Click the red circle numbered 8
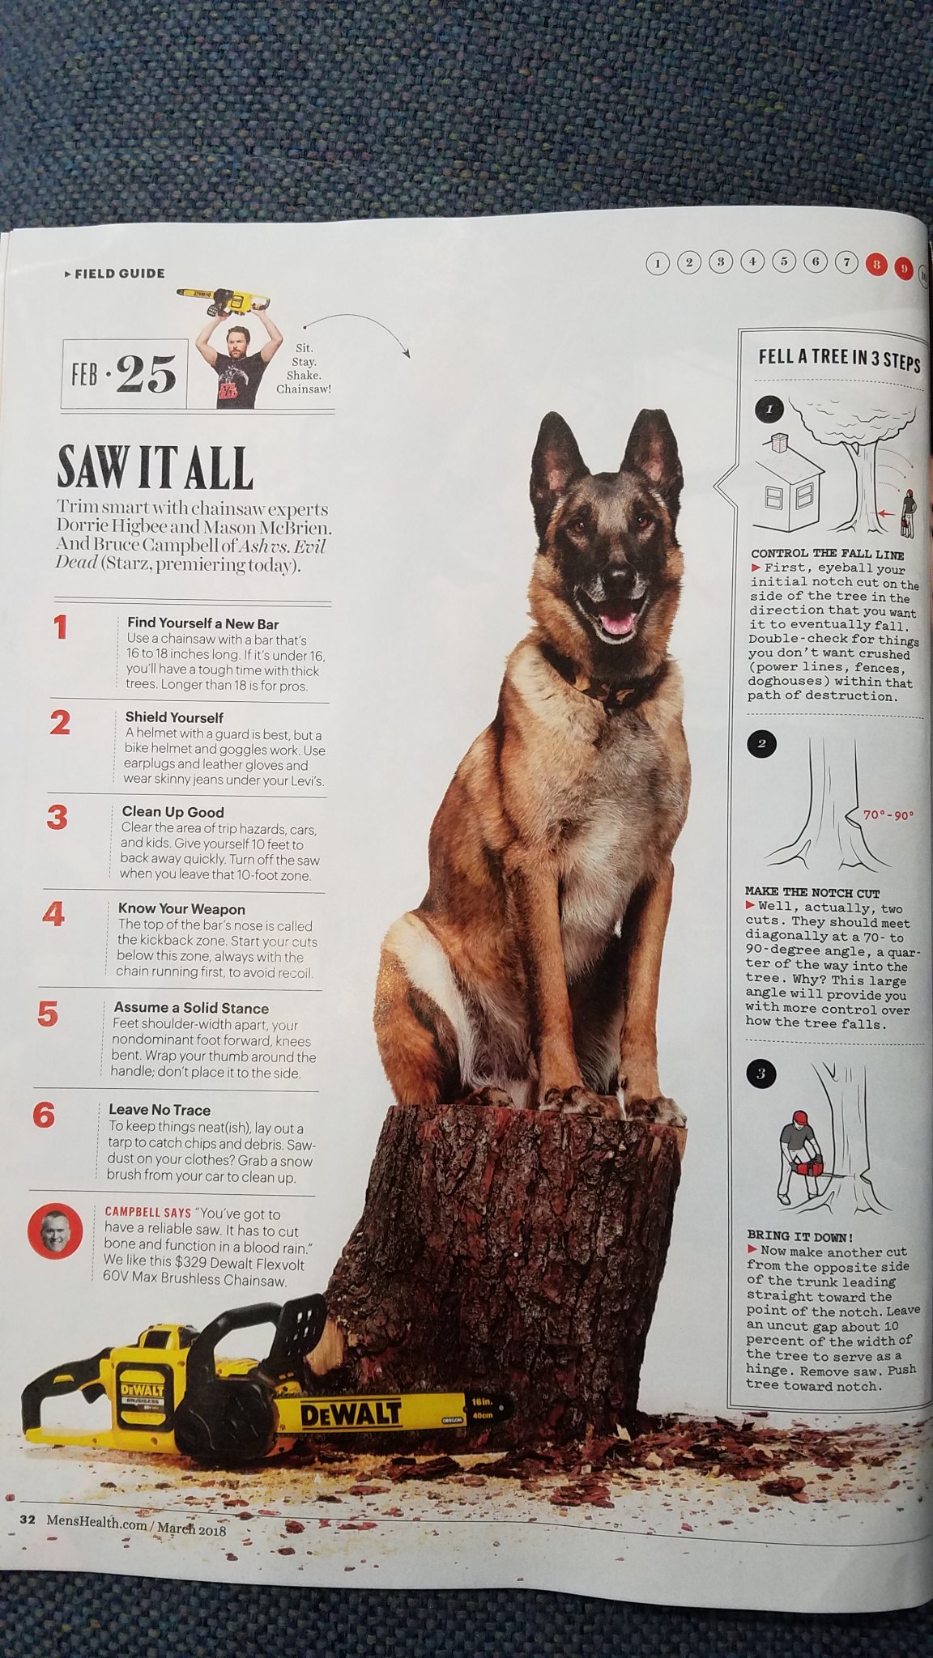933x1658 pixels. coord(875,264)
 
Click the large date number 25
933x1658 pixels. coord(146,375)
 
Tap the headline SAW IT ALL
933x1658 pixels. coord(155,467)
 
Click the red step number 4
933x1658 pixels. coord(53,914)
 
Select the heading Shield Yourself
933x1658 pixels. coord(174,717)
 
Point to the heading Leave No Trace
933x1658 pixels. coord(160,1110)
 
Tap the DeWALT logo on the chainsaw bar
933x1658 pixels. coord(351,1414)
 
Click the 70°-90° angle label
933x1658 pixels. coord(888,815)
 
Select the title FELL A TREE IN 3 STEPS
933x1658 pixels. coord(839,359)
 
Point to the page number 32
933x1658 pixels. coord(28,1519)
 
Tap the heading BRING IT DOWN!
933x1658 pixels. coord(799,1236)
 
